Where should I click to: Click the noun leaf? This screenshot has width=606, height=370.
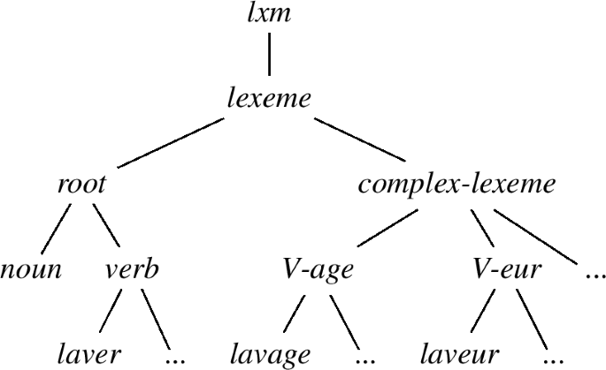coord(31,269)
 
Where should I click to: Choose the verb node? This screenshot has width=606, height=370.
coord(133,269)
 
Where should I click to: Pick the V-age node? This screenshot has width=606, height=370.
coord(318,269)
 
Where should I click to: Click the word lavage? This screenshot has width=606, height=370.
coord(271,354)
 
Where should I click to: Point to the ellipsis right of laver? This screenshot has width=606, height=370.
coord(176,358)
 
